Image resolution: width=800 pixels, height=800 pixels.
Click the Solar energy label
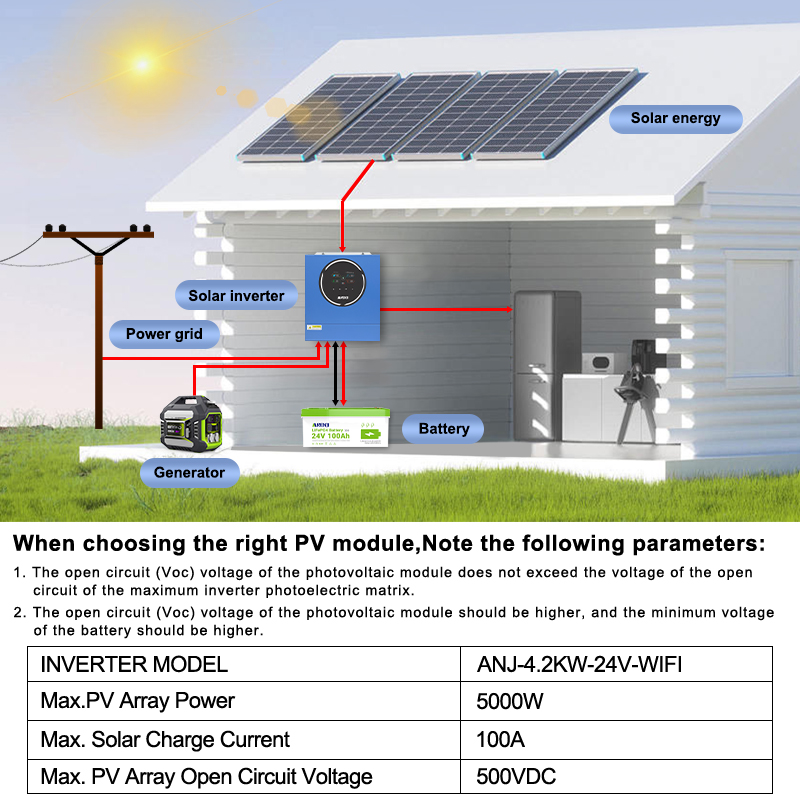675,118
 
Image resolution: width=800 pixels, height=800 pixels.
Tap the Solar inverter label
236,295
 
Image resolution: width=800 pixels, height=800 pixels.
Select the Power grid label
164,334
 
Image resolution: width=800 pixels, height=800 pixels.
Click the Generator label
189,472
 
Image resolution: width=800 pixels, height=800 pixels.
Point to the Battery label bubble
443,429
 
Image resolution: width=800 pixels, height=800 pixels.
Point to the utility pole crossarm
98,236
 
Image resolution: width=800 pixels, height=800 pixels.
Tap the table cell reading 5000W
510,702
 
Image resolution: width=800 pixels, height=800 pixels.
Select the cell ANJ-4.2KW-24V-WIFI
579,665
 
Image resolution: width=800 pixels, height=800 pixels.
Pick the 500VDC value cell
516,777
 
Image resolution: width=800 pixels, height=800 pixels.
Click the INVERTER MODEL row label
134,665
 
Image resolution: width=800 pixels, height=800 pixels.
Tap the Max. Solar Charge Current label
165,740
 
